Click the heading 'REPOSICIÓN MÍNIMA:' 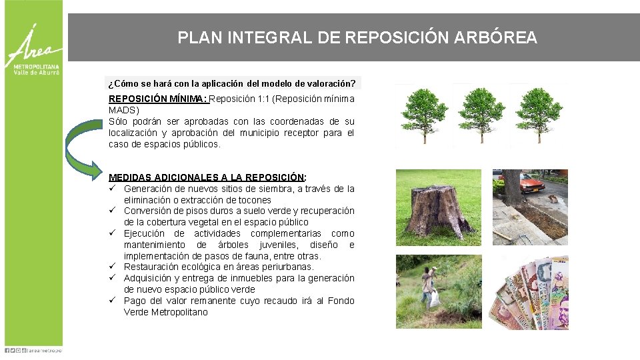(158, 99)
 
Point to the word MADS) (124, 110)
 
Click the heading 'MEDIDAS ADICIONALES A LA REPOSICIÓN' (207, 177)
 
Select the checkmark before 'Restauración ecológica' (115, 267)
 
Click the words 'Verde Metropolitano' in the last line (166, 312)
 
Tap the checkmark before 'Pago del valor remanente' (115, 301)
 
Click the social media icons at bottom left (15, 349)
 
